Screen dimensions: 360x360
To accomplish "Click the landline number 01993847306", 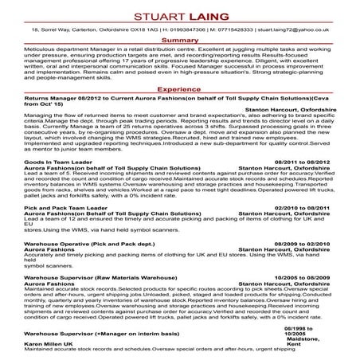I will [177, 29].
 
